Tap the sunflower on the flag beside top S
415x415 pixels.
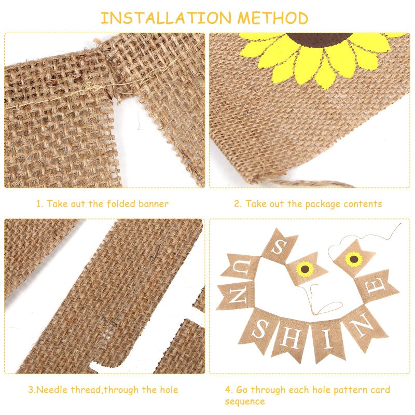coord(305,268)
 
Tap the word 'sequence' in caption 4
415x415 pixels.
coord(244,401)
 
